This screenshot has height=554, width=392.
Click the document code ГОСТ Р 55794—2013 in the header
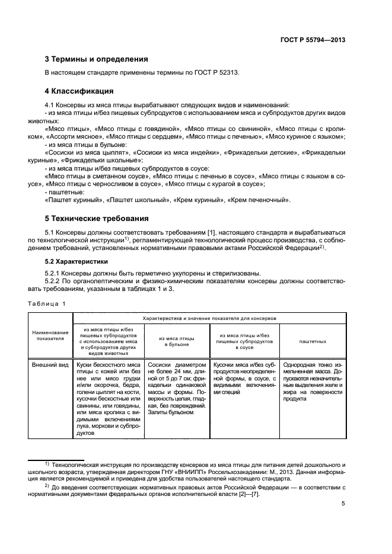click(x=313, y=40)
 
